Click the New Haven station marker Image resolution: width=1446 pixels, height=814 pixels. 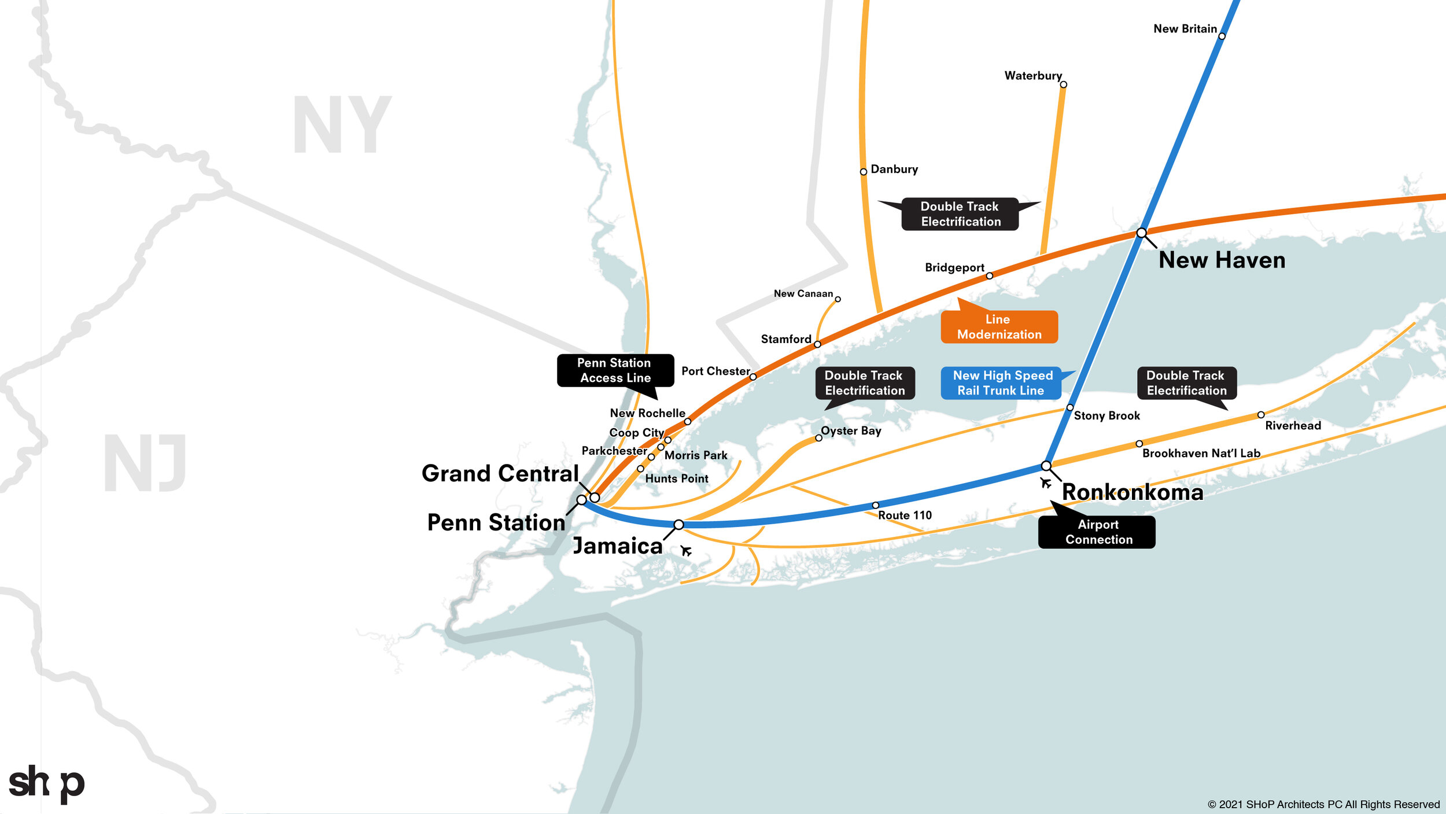click(1141, 233)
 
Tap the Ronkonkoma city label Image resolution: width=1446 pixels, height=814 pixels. click(1133, 492)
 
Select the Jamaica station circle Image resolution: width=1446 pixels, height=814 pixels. click(679, 525)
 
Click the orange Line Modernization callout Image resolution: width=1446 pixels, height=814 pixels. click(999, 327)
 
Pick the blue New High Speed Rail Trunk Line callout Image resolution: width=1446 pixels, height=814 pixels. click(1001, 383)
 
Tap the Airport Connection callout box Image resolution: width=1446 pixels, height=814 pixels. click(1097, 532)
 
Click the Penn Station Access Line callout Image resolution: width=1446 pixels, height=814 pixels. click(615, 370)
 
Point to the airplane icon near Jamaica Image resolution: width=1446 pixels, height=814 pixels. click(686, 550)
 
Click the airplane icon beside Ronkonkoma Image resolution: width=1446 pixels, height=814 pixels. click(1045, 482)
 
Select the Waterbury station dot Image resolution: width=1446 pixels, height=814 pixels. click(1064, 84)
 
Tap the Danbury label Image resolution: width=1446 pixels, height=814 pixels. click(894, 169)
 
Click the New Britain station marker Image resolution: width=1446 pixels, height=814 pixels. click(1222, 36)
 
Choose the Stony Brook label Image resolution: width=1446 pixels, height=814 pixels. click(1106, 415)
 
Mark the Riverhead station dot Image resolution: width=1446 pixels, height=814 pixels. click(1261, 415)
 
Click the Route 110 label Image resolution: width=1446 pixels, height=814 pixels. click(905, 515)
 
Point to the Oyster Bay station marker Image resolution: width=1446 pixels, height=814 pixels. click(818, 438)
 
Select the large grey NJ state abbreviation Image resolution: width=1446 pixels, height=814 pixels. click(145, 463)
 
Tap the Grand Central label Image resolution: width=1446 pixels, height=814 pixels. click(500, 473)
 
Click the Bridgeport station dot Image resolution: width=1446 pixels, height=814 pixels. click(990, 276)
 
